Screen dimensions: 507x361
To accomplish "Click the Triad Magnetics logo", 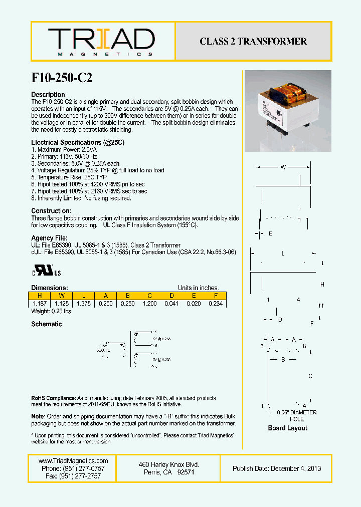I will (x=101, y=42).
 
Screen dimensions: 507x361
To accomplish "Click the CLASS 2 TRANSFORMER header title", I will (x=253, y=42).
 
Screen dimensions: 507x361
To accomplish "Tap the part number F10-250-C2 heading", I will (x=62, y=78).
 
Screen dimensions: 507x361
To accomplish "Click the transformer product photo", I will (x=287, y=111).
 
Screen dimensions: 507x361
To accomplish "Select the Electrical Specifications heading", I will (x=78, y=143).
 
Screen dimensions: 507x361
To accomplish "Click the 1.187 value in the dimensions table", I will (x=40, y=304).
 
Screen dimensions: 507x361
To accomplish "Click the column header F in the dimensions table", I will (x=216, y=296).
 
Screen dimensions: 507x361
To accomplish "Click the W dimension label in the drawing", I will (x=283, y=167).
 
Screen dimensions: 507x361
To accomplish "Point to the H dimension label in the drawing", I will (x=322, y=285).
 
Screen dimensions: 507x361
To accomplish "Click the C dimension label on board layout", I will (x=310, y=376).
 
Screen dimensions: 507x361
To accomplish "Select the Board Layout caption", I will (x=287, y=428).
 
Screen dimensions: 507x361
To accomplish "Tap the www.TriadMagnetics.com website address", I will (x=73, y=461).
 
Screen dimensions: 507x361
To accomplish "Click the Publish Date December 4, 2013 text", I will (x=277, y=468).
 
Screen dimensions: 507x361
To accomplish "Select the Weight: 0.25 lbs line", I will (x=51, y=312).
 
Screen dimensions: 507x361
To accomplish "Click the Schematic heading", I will (x=47, y=324).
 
